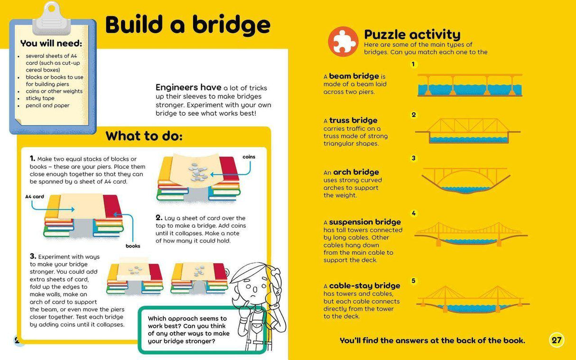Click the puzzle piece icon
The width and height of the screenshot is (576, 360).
pos(343,41)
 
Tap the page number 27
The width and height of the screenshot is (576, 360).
pos(557,340)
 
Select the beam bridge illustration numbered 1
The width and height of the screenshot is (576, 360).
pos(470,85)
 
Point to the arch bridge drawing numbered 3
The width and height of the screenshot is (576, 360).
pos(466,180)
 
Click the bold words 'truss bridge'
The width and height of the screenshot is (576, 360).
pos(353,120)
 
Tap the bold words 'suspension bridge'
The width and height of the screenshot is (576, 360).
pos(365,222)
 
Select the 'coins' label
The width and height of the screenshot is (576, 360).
pos(249,157)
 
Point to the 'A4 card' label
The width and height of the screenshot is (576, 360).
pos(35,196)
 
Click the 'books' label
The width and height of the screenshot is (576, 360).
pos(133,246)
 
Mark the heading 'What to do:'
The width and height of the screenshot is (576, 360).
pos(144,136)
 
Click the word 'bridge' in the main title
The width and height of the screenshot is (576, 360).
pos(231,25)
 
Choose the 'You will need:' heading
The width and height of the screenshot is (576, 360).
pos(51,43)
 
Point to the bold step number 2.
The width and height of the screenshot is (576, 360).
pos(159,218)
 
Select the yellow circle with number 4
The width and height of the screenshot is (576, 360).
pos(413,213)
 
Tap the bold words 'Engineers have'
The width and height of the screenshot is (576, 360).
pos(188,87)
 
